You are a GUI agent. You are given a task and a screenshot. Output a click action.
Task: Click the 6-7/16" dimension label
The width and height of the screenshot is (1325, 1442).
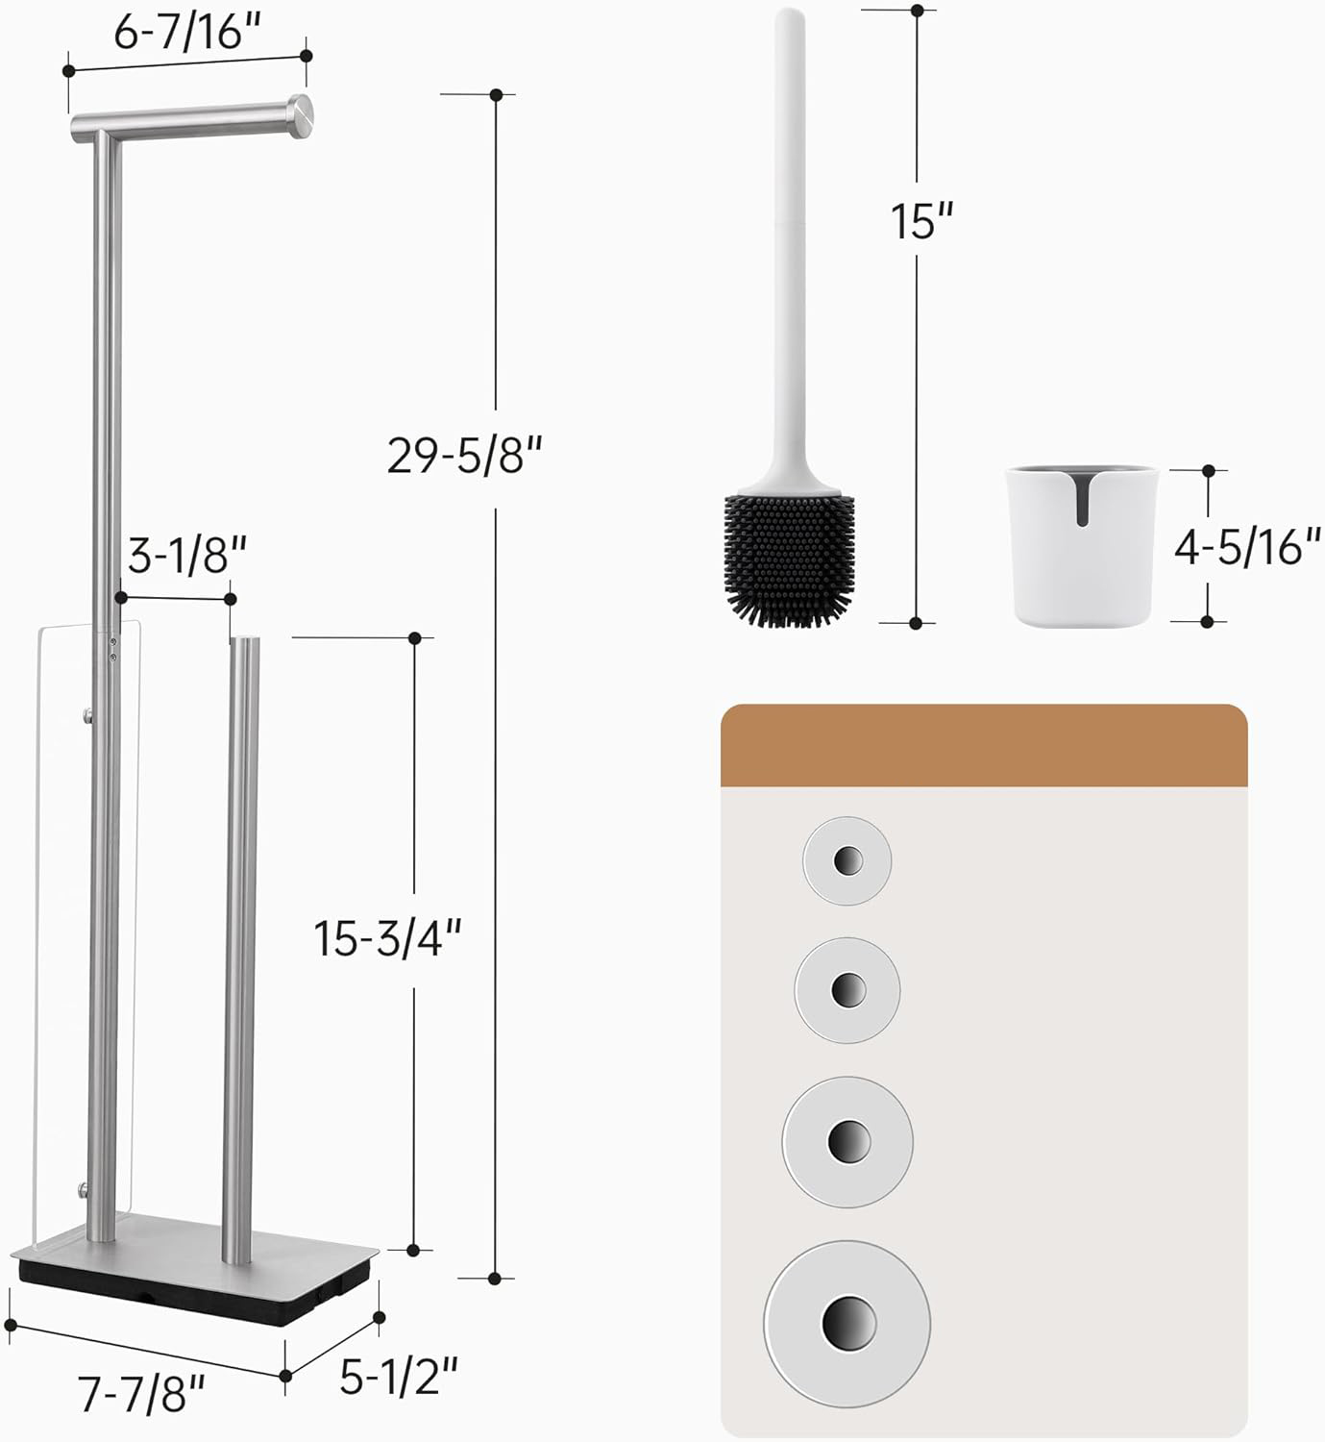tap(187, 33)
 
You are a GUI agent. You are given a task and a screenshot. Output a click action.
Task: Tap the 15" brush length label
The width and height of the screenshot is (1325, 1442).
tap(921, 220)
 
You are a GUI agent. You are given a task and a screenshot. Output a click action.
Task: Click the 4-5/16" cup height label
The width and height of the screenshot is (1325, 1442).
tap(1247, 547)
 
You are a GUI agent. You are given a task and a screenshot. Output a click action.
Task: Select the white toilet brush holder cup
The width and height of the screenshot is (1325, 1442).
tap(1081, 546)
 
